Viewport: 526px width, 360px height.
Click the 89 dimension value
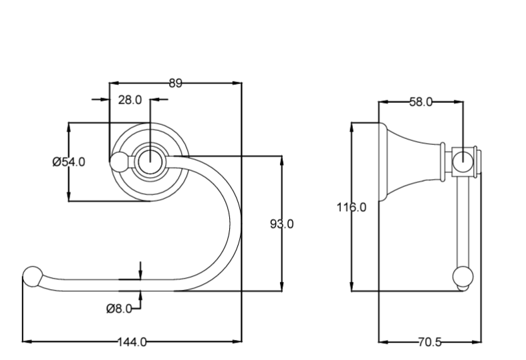point(175,83)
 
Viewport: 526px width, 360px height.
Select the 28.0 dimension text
point(130,100)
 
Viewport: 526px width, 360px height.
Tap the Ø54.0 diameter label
point(68,162)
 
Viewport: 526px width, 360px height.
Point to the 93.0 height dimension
point(281,224)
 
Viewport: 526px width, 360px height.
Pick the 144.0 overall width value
point(132,342)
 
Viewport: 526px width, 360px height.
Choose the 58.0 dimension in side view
point(420,102)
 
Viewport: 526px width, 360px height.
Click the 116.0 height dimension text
point(351,207)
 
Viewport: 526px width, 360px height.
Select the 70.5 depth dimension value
point(429,342)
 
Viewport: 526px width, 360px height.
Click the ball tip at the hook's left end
point(31,275)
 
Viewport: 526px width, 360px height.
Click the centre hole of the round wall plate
point(150,161)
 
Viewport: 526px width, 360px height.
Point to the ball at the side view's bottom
point(463,277)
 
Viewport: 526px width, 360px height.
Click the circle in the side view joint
point(463,160)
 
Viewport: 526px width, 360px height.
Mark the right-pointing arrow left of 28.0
point(104,100)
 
